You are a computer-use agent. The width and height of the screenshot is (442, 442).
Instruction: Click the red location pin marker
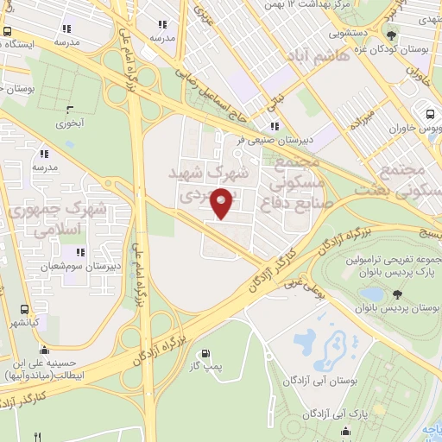click(x=222, y=201)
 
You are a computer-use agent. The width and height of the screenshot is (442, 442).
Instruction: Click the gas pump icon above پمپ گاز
click(x=205, y=352)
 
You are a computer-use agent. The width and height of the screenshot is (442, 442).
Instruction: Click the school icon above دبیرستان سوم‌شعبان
click(x=79, y=253)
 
